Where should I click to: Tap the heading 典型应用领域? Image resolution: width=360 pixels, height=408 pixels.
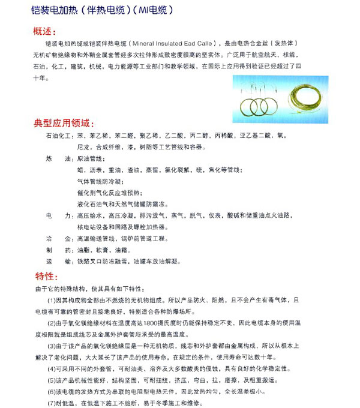click(64, 124)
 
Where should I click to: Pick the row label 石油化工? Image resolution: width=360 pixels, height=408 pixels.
click(58, 137)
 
